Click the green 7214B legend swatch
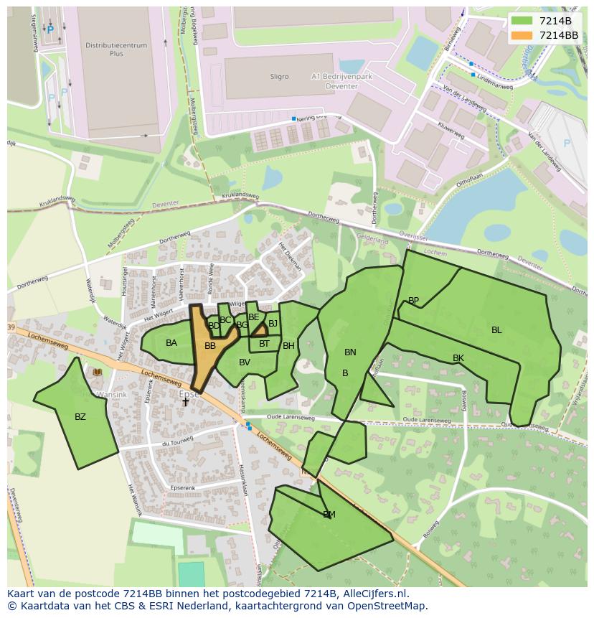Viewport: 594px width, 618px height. pos(522,21)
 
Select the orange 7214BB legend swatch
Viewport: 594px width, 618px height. pos(522,35)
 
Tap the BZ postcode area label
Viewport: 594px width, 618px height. pos(80,417)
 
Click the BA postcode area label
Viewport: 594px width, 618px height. pos(171,343)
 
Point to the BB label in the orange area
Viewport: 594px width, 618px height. pos(210,346)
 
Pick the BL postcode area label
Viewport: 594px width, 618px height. pos(496,330)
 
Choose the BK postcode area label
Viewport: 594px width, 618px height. pos(458,358)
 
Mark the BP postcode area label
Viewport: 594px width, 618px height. pos(413,301)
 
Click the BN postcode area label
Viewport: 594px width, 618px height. pos(350,352)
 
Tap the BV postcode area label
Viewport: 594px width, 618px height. pos(245,362)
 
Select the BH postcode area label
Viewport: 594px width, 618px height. pos(288,346)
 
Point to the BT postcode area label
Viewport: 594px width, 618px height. pos(264,344)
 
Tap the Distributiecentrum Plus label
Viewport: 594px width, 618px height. pos(116,50)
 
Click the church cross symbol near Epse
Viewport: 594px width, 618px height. pos(185,403)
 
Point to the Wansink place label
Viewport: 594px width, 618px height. pos(111,394)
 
